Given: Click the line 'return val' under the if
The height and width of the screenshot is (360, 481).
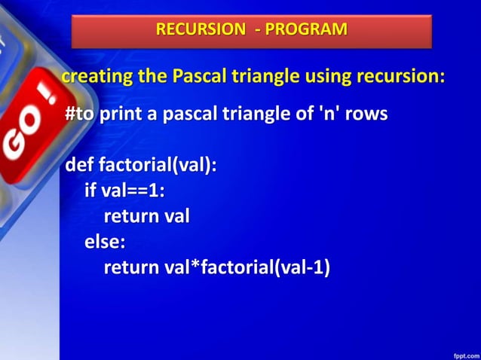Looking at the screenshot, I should (146, 217).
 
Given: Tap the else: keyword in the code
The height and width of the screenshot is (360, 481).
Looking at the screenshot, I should (105, 242).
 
